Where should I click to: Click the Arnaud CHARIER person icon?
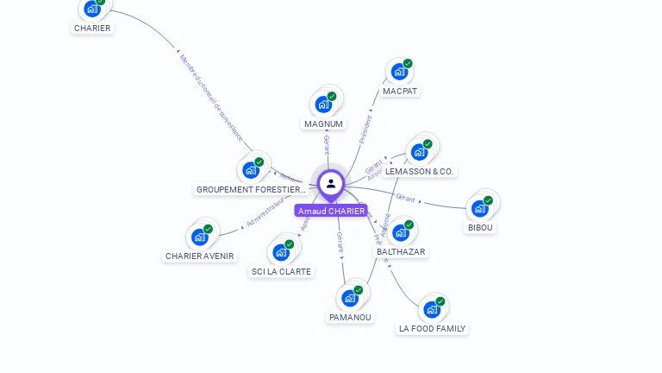pos(331,183)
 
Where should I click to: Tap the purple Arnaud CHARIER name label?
pos(331,211)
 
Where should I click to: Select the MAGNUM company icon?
pos(323,104)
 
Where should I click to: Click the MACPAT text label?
pos(401,91)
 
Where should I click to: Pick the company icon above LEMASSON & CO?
pos(420,152)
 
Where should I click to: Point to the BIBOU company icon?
pos(480,209)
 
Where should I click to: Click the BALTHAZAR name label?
pos(401,251)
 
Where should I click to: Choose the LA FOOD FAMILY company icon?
pos(431,309)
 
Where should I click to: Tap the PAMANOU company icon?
pos(350,298)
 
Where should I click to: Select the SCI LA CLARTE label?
pos(281,271)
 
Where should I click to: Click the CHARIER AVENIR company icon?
pos(200,237)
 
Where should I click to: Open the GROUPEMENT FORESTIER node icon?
pos(251,169)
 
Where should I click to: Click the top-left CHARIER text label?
pos(92,28)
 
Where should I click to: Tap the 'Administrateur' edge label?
pos(265,211)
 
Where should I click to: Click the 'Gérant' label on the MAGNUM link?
pos(327,144)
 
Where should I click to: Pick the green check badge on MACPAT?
pos(408,63)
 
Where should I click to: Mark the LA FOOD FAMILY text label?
pos(432,329)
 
